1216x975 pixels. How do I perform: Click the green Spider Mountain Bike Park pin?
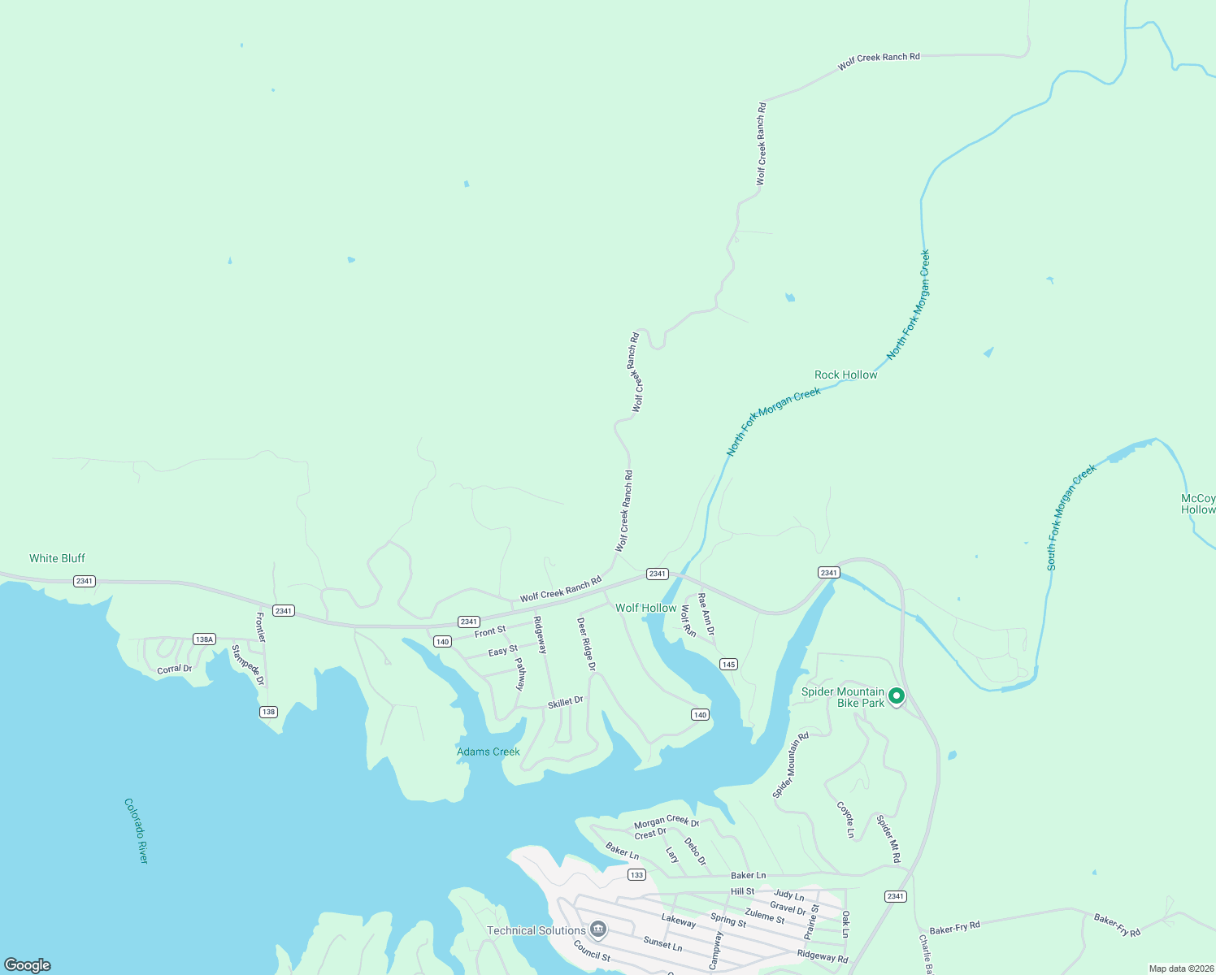(896, 696)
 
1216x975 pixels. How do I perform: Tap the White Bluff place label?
(57, 558)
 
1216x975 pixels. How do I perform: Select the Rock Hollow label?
(845, 375)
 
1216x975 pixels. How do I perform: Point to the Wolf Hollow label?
(645, 608)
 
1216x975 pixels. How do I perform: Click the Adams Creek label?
(488, 752)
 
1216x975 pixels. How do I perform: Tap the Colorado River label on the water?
(136, 830)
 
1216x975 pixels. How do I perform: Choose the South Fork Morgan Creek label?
(1071, 517)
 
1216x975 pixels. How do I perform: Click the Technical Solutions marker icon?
(599, 929)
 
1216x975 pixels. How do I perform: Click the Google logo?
(28, 964)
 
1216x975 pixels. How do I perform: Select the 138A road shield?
(204, 639)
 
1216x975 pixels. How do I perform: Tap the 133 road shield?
(636, 875)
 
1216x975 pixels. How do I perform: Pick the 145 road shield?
(728, 665)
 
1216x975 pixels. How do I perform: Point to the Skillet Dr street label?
(565, 702)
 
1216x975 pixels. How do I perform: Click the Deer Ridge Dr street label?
(586, 644)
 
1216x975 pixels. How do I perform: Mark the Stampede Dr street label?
(248, 665)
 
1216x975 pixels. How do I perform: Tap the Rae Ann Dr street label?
(706, 614)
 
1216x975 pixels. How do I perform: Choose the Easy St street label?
(502, 651)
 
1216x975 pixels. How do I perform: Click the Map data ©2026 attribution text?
(1180, 968)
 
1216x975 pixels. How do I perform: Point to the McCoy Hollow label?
(1198, 504)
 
